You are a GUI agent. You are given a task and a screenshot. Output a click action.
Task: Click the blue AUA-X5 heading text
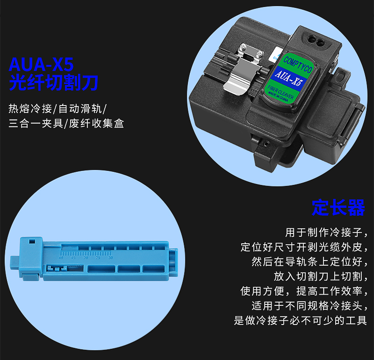41,64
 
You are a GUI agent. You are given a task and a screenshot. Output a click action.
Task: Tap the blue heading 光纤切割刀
53,83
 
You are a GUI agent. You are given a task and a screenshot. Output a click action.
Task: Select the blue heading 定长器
338,207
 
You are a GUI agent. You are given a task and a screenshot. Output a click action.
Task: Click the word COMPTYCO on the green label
297,64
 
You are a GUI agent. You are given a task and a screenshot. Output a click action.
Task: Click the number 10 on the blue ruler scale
61,258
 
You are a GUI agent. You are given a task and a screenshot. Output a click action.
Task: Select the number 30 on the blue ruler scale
110,258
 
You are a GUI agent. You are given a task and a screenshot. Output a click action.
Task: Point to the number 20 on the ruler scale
86,258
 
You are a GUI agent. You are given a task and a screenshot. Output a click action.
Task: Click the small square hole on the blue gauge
32,241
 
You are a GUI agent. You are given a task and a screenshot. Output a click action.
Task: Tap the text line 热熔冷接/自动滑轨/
58,109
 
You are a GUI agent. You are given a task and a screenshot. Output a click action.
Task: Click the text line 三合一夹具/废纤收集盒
66,123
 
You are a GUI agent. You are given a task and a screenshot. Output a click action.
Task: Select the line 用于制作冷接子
326,233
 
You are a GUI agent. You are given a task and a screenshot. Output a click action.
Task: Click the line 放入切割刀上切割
321,276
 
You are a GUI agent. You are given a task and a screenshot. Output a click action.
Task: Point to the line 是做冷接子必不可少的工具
300,320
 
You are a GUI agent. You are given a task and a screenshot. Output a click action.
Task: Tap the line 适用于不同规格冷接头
309,306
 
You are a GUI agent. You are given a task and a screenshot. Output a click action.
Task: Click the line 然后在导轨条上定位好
309,262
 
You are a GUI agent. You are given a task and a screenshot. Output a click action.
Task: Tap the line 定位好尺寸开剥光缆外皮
304,247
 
